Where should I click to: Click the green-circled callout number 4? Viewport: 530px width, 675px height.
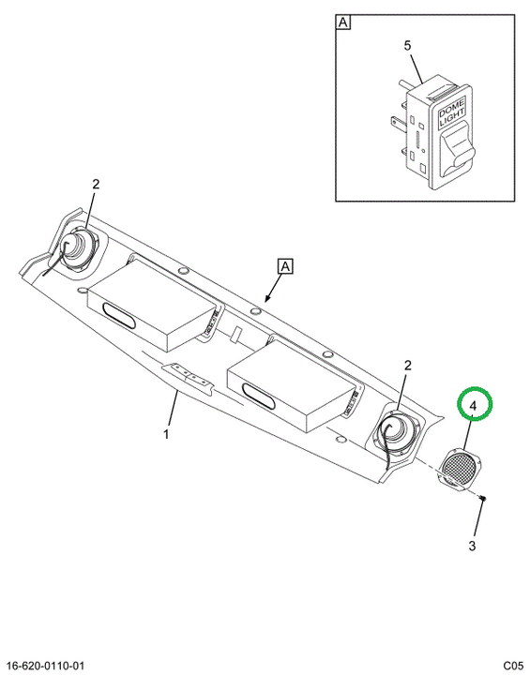473,406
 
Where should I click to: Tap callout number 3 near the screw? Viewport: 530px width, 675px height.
472,546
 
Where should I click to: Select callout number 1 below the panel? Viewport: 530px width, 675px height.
166,434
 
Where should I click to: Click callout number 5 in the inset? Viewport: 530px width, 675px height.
408,45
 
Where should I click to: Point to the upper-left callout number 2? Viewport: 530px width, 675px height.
96,185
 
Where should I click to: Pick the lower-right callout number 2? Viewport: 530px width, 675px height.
407,366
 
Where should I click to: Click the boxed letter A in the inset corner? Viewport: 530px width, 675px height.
343,22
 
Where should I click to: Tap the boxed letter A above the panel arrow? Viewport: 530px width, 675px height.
286,266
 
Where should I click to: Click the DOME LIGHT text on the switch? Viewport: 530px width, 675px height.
451,112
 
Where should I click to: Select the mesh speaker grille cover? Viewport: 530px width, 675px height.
461,470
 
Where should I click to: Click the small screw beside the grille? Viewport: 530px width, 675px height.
483,499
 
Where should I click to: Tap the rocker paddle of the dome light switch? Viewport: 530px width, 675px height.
458,148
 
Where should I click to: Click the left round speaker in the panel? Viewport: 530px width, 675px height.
78,249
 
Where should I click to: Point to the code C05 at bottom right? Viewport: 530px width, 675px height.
513,666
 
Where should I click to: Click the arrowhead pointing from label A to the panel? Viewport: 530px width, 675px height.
267,298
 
